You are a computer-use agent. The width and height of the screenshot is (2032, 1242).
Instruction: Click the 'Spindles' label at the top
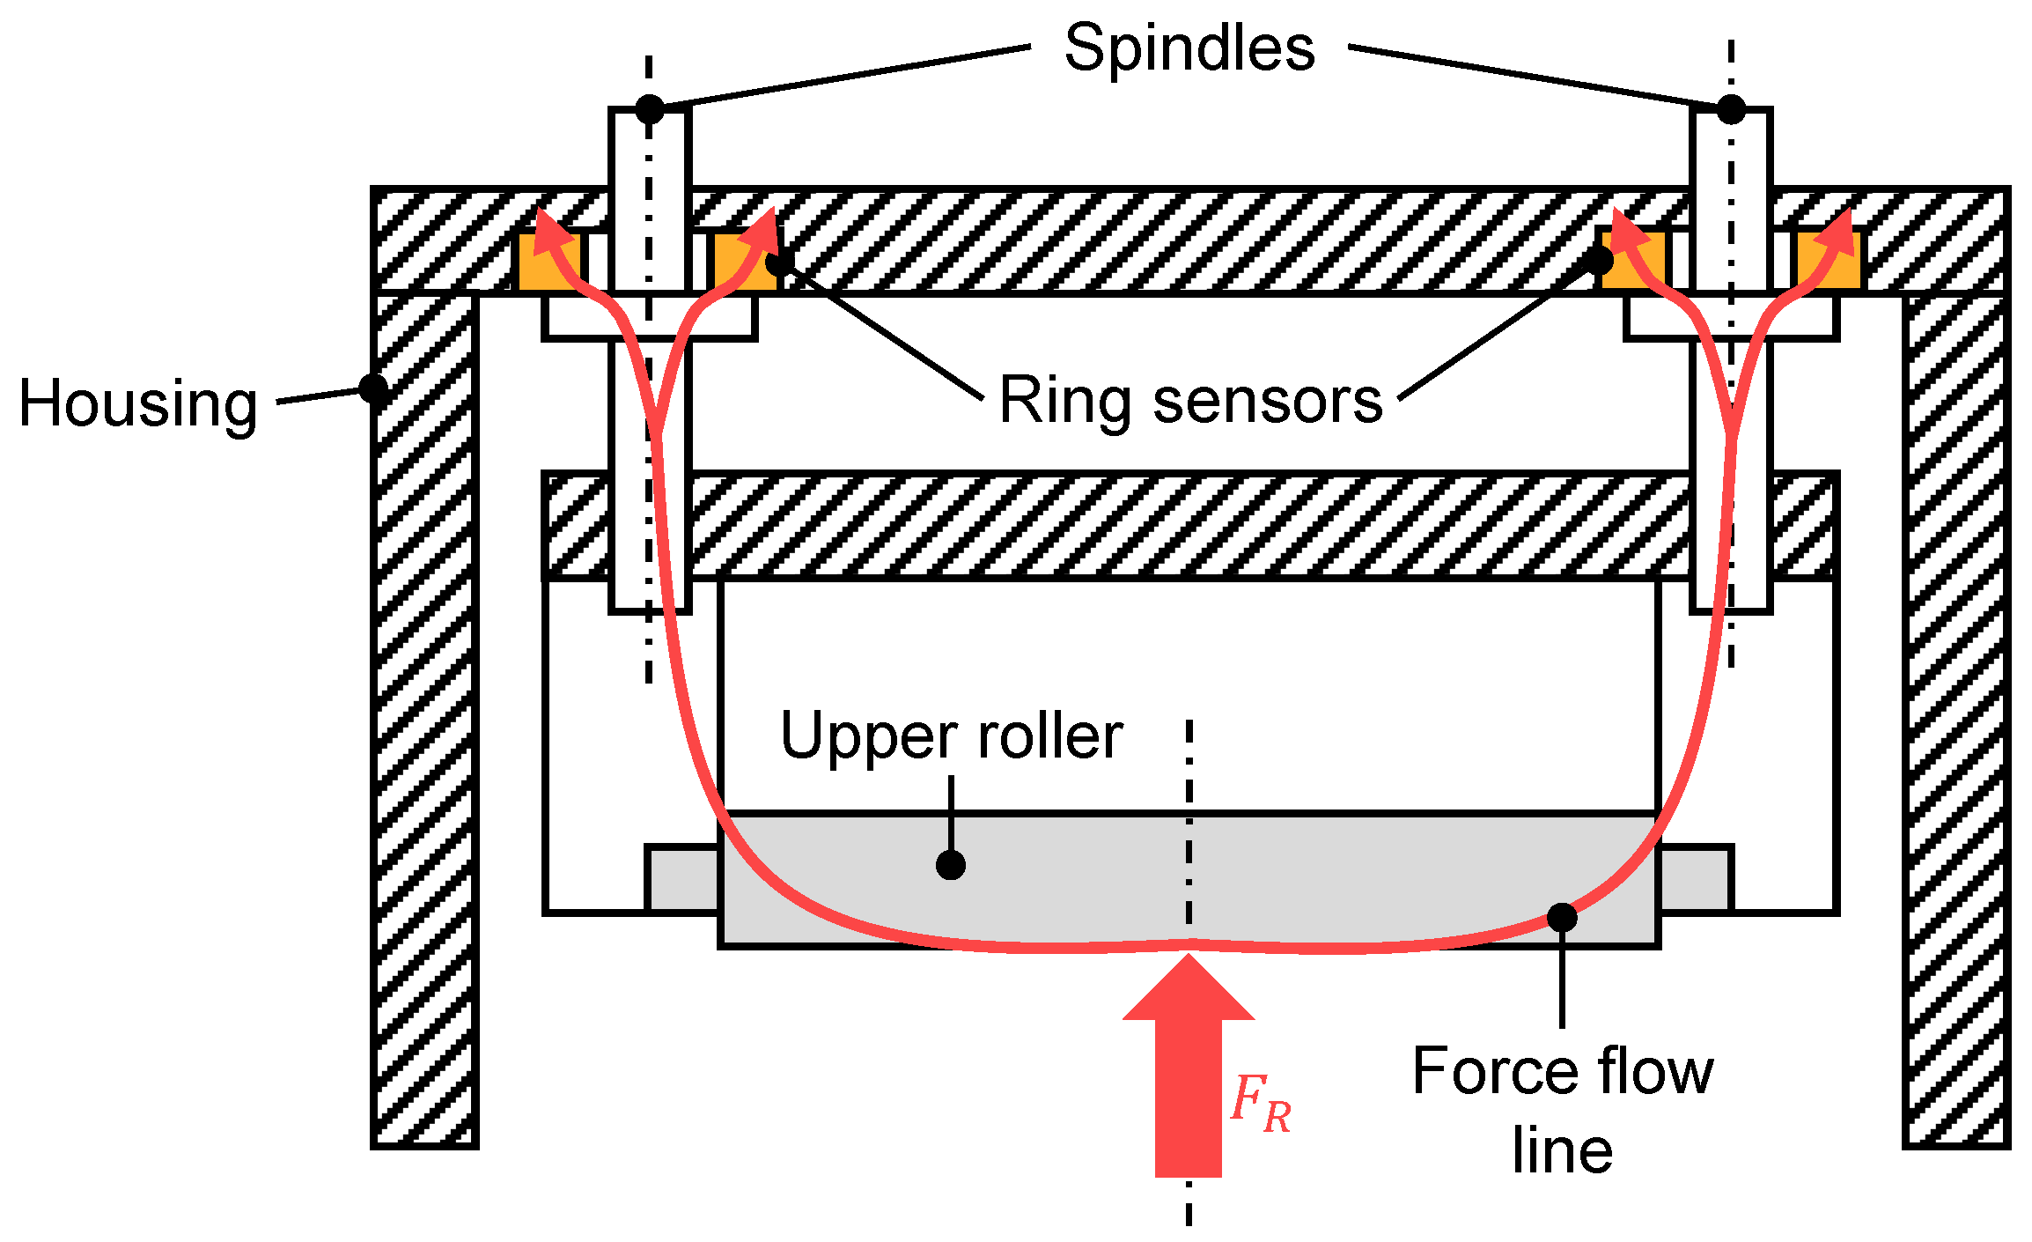click(1189, 48)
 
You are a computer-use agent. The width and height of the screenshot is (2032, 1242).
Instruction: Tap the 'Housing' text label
click(138, 403)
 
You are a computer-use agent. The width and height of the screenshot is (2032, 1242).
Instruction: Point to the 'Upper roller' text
click(951, 736)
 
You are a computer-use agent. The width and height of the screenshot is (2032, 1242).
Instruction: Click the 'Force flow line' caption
click(1563, 1110)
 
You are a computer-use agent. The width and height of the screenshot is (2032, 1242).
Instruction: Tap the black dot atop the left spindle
click(650, 109)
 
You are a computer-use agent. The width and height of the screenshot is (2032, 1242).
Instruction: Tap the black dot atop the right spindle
click(1731, 109)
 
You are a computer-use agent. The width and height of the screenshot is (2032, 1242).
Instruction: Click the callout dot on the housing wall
click(373, 388)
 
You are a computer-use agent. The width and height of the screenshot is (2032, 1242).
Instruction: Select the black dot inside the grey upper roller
click(951, 865)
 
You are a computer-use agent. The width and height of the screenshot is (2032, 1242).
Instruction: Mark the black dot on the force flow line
click(1562, 918)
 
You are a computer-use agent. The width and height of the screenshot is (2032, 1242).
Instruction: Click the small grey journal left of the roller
click(682, 879)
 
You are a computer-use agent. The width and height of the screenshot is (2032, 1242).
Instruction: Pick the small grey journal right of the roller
click(1696, 879)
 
